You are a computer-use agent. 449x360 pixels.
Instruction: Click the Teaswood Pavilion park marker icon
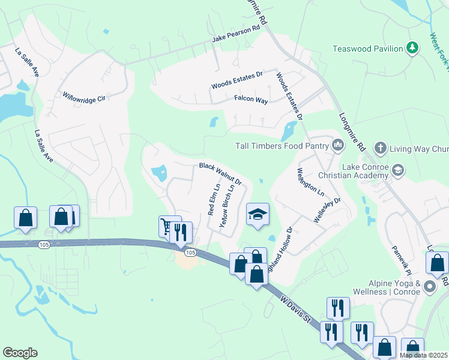pyautogui.click(x=412, y=47)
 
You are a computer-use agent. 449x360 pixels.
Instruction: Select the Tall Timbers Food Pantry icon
pyautogui.click(x=337, y=145)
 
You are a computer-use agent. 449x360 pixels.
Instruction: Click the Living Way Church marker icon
pyautogui.click(x=379, y=148)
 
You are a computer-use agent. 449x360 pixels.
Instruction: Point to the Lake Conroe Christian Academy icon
pyautogui.click(x=397, y=171)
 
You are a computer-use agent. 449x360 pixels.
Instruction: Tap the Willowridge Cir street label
pyautogui.click(x=84, y=96)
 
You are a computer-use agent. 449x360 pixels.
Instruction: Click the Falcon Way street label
pyautogui.click(x=251, y=100)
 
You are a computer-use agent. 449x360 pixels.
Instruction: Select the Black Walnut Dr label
pyautogui.click(x=220, y=173)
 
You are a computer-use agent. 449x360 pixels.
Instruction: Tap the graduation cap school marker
pyautogui.click(x=258, y=214)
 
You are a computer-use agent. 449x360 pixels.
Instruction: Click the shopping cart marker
pyautogui.click(x=167, y=226)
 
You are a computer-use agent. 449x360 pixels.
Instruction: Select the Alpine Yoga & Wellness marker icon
pyautogui.click(x=430, y=287)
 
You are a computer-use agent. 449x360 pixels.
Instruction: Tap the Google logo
pyautogui.click(x=19, y=353)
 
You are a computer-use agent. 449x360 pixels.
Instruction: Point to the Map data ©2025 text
pyautogui.click(x=423, y=355)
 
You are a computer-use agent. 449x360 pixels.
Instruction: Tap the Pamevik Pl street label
pyautogui.click(x=400, y=259)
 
